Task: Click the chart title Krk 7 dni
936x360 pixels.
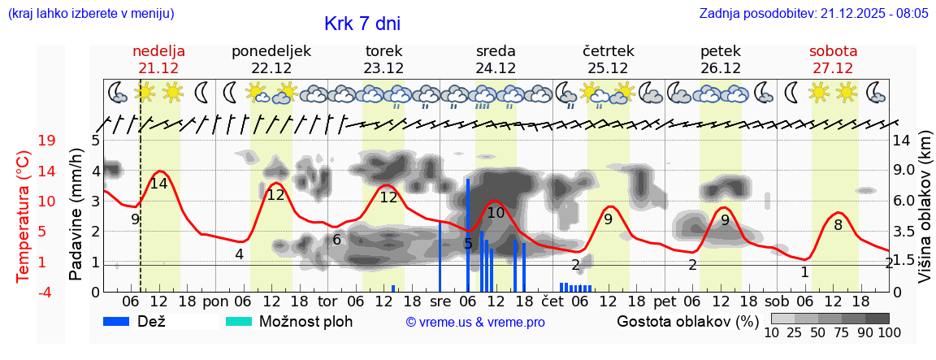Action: pyautogui.click(x=362, y=24)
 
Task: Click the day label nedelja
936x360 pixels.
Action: pyautogui.click(x=159, y=51)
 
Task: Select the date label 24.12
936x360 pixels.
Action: pyautogui.click(x=496, y=68)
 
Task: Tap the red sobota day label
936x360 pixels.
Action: pyautogui.click(x=833, y=51)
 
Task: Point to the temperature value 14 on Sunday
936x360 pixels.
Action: pyautogui.click(x=158, y=184)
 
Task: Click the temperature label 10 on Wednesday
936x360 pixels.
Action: pyautogui.click(x=496, y=213)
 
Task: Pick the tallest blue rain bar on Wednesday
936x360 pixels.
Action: pyautogui.click(x=468, y=235)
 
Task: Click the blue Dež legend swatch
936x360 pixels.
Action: pyautogui.click(x=122, y=321)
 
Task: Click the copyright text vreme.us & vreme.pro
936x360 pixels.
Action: pyautogui.click(x=475, y=323)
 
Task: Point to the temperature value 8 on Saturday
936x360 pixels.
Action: pyautogui.click(x=838, y=225)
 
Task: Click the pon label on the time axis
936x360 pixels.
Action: pyautogui.click(x=215, y=302)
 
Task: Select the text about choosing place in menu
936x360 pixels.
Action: pyautogui.click(x=89, y=14)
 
